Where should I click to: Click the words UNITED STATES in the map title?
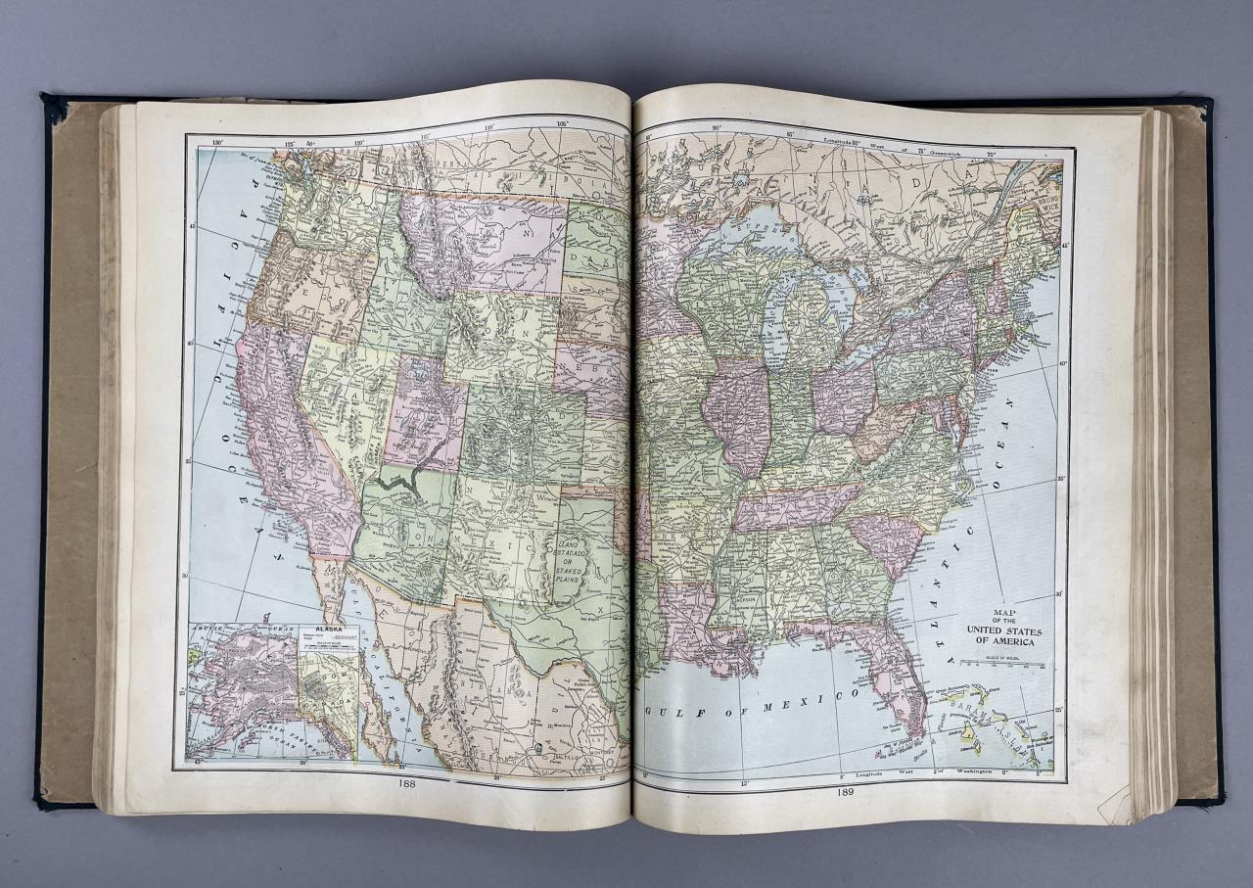[x=1004, y=631]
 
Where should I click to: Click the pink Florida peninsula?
[x=896, y=676]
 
